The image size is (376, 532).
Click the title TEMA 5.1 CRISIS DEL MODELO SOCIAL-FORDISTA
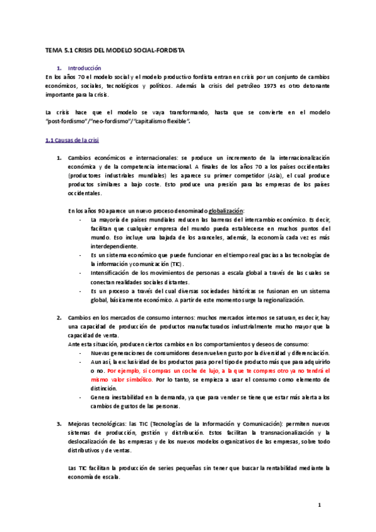115,50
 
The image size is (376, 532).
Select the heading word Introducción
84,67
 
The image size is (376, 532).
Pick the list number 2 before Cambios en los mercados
60,317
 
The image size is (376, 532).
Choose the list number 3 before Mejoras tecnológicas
60,424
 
